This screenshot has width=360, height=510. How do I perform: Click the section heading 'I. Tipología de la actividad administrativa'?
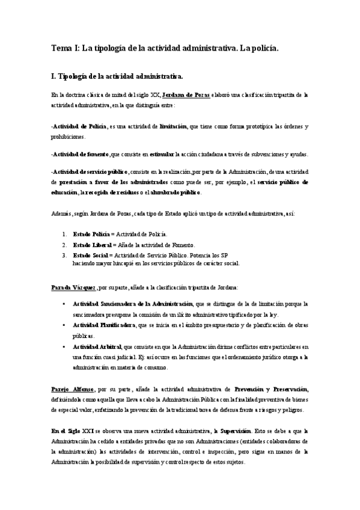pos(117,76)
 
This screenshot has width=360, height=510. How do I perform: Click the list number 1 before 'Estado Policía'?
pos(64,234)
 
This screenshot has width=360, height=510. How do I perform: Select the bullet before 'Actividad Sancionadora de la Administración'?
pos(64,304)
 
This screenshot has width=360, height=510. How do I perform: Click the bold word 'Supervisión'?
pos(236,430)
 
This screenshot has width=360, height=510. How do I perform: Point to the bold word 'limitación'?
pos(173,127)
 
